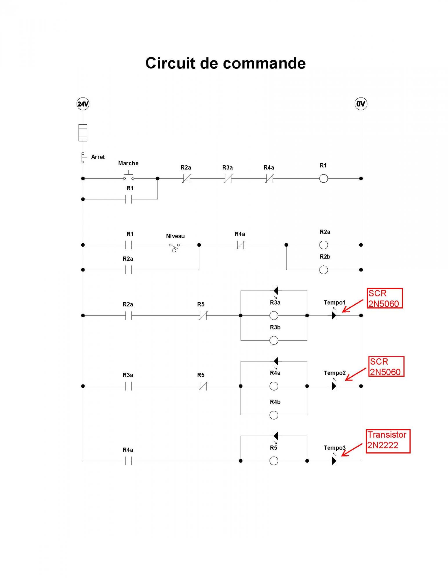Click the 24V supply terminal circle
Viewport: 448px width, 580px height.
(83, 104)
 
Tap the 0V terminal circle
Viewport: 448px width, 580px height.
(361, 104)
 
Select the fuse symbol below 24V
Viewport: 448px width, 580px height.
(83, 133)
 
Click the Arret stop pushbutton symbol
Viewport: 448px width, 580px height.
(83, 157)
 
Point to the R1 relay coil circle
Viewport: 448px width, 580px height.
(323, 179)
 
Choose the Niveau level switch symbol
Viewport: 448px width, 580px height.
(174, 247)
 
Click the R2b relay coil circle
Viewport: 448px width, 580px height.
(323, 270)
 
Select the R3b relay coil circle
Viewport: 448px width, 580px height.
(274, 340)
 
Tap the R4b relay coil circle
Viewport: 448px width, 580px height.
(274, 415)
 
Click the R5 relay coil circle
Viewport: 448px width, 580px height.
(274, 461)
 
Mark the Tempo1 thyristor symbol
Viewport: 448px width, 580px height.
(334, 316)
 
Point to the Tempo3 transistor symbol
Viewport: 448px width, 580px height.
(334, 461)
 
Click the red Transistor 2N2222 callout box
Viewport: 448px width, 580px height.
(388, 441)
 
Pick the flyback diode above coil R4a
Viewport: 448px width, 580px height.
(276, 361)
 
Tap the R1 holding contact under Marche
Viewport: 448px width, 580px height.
(129, 199)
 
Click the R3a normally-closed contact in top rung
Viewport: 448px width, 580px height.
(228, 179)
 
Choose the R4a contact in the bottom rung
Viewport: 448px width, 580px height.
(129, 461)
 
